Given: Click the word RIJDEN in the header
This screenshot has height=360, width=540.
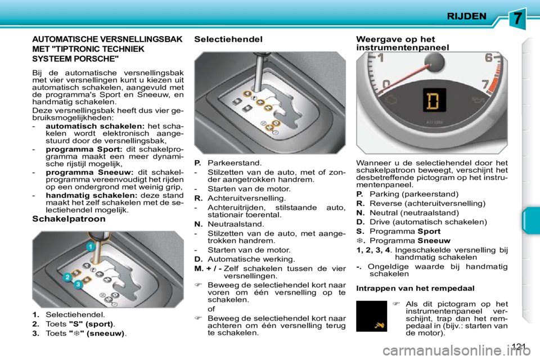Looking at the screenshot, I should coord(466,16).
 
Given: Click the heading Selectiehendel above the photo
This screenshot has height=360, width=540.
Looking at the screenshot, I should coord(228,39).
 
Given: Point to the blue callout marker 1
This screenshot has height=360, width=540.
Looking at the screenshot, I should coord(89,247).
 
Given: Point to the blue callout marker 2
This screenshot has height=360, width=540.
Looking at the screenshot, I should coord(67,277).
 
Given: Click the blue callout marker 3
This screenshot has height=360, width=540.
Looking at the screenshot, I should coord(78,285).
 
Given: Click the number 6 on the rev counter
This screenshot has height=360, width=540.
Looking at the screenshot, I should coord(489,58).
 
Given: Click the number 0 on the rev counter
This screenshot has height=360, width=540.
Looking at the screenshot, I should coord(386,84).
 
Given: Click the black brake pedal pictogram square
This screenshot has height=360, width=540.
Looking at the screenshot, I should coord(371,316).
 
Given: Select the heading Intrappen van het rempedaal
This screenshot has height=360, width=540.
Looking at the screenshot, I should coord(416,288).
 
